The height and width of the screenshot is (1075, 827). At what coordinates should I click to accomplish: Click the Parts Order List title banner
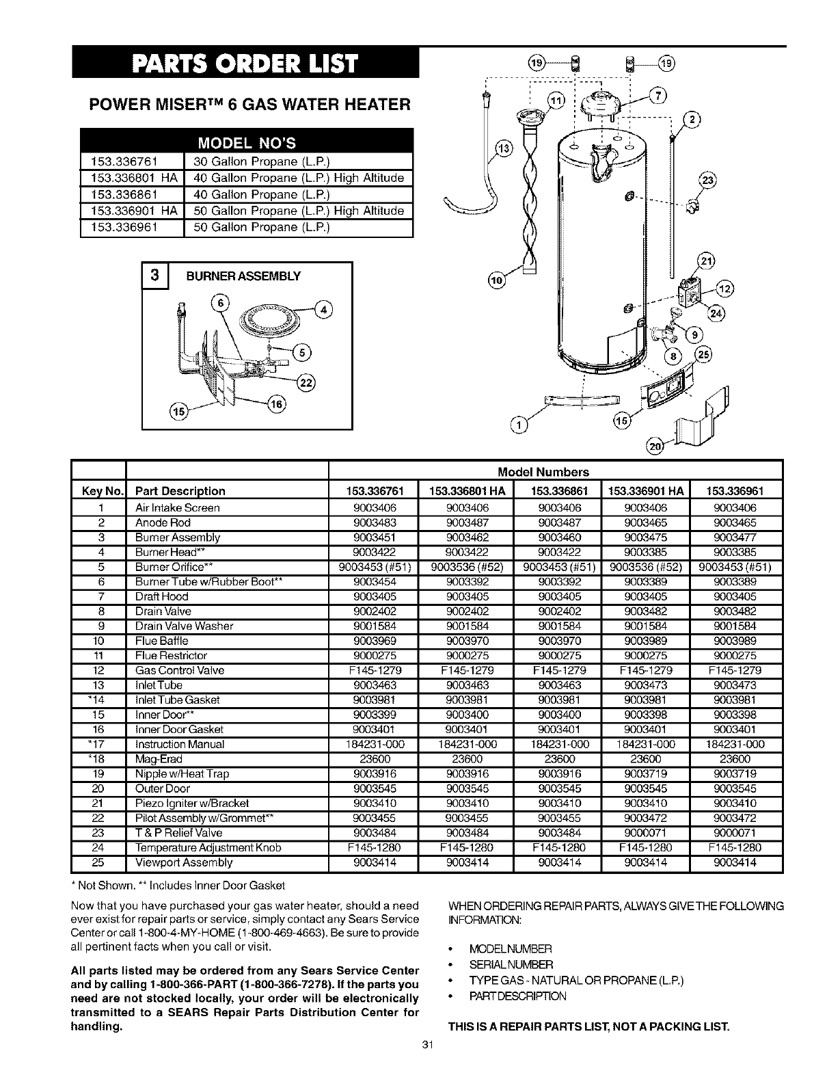(245, 65)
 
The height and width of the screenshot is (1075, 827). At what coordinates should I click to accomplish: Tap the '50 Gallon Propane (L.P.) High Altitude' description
(299, 211)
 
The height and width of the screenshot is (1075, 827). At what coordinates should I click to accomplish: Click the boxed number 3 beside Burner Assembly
(155, 276)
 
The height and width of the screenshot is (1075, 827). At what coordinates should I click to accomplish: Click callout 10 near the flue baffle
(496, 280)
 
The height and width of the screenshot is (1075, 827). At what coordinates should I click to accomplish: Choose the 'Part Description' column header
(180, 491)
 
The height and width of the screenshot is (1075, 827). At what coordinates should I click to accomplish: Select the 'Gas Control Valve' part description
(180, 670)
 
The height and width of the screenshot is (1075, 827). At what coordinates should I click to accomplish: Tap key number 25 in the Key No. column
(100, 862)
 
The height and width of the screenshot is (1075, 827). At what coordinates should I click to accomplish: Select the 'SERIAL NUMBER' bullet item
(511, 964)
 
